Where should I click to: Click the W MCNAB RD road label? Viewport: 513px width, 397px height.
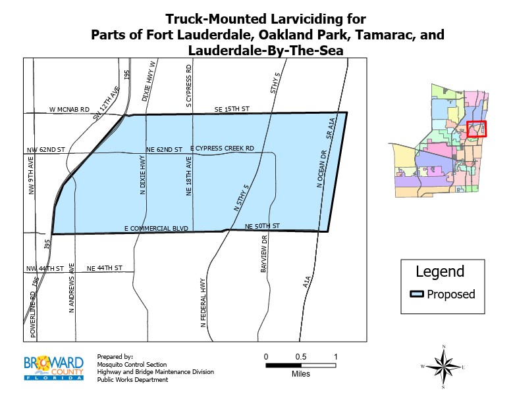point(68,110)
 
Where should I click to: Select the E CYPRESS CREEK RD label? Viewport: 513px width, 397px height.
point(222,149)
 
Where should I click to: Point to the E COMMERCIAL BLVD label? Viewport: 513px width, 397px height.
point(156,228)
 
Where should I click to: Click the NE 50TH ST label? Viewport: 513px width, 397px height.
point(262,226)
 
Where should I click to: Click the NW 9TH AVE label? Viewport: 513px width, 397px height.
point(30,177)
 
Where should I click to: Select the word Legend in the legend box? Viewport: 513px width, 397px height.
point(440,271)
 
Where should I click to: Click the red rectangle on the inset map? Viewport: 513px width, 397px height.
point(476,129)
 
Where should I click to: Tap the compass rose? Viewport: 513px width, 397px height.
point(445,365)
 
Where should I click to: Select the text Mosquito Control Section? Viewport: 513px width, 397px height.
point(132,364)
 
